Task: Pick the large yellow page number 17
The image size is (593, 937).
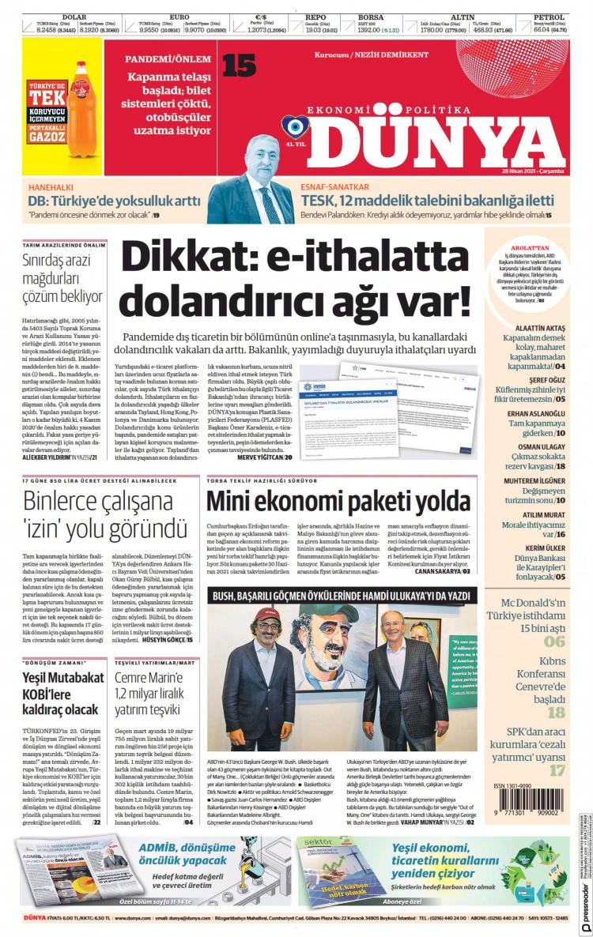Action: (557, 769)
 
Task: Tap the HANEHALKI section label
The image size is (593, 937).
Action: (51, 187)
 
